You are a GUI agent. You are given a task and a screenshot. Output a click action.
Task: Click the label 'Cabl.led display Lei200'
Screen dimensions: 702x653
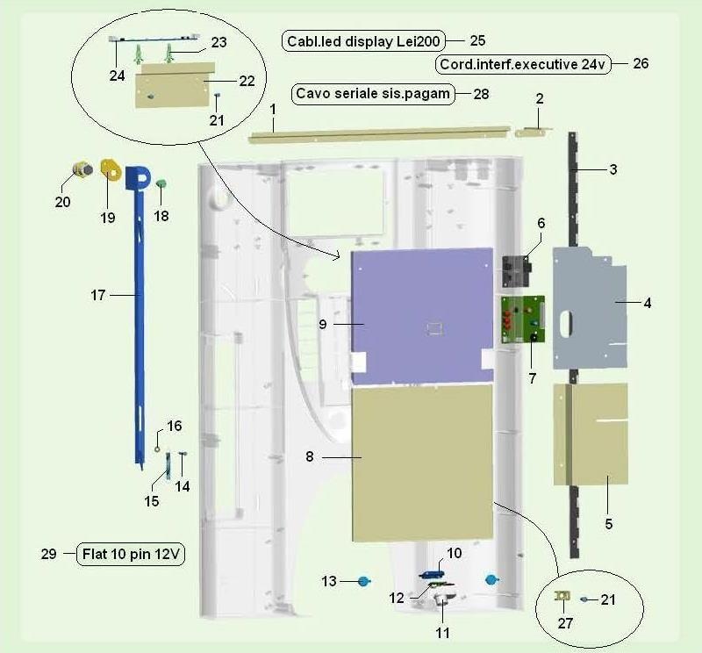[363, 41]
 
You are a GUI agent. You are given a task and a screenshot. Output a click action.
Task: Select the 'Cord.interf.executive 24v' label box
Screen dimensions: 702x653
[522, 64]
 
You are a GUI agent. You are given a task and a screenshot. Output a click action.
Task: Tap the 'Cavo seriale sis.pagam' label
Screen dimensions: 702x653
[373, 94]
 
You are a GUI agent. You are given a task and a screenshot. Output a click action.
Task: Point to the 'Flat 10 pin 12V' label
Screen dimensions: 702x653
[131, 554]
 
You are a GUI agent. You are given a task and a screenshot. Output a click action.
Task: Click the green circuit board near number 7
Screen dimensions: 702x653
[522, 319]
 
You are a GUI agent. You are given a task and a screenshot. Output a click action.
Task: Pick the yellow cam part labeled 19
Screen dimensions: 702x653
[111, 169]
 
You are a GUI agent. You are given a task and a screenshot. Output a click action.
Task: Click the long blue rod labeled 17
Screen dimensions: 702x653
[140, 313]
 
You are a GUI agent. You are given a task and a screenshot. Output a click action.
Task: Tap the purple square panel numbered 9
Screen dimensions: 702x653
[422, 316]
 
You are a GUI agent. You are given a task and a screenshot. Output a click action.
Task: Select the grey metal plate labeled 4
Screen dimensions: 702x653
[590, 308]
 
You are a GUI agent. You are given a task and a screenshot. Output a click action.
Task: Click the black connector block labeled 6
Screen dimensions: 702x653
[516, 271]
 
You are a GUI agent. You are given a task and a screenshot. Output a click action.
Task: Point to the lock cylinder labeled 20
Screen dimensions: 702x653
[82, 169]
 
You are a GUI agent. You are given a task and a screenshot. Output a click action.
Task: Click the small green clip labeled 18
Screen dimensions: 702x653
[161, 183]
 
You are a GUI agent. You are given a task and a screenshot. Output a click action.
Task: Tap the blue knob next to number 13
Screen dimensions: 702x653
[364, 581]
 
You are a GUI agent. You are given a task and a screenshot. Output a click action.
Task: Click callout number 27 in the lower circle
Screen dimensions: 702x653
[565, 623]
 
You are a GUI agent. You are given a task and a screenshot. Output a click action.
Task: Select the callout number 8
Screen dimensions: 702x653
[310, 456]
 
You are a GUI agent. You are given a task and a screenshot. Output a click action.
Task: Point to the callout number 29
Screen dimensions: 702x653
[49, 554]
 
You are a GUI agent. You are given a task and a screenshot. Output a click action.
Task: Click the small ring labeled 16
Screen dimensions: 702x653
[157, 448]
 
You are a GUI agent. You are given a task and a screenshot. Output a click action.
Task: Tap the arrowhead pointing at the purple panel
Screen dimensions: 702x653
[337, 256]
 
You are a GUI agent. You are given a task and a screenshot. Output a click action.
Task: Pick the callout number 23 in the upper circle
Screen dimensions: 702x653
[218, 42]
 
